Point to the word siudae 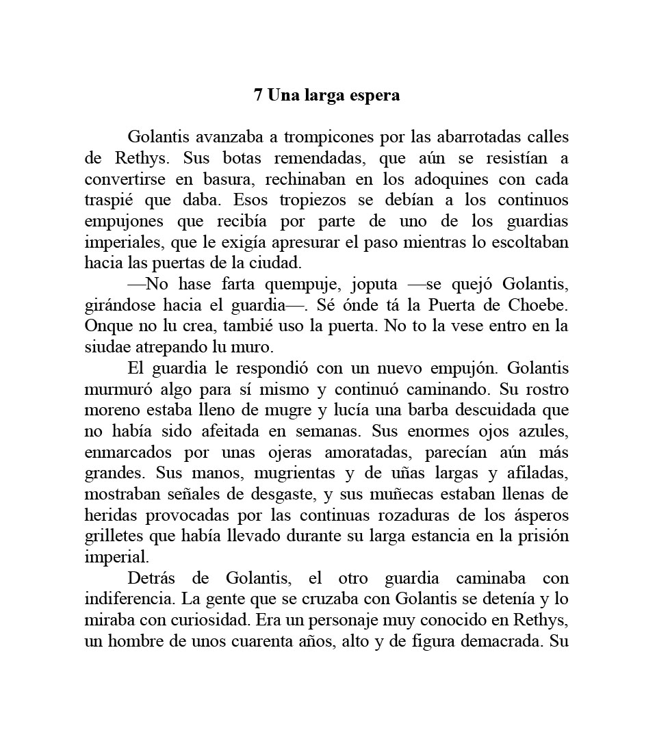pyautogui.click(x=105, y=348)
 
